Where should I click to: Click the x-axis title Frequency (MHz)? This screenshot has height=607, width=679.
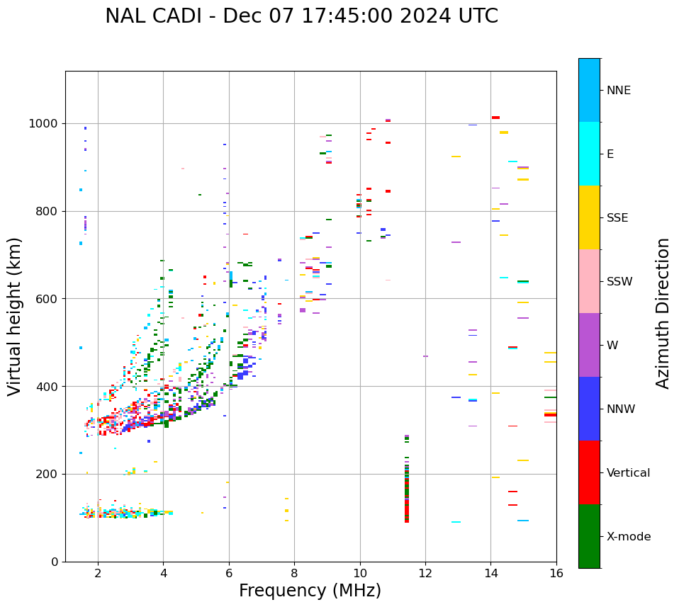[310, 591]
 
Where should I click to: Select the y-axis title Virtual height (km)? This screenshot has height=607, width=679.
[15, 316]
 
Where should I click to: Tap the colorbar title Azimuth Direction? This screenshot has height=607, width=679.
[663, 312]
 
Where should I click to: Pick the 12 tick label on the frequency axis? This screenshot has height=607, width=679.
[425, 573]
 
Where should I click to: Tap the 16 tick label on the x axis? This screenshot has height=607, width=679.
[556, 573]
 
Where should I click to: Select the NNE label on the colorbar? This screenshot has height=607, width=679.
[618, 91]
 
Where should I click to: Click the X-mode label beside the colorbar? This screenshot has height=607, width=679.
[628, 537]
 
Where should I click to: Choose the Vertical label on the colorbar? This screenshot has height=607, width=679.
[628, 473]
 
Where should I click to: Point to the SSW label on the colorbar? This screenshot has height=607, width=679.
[619, 282]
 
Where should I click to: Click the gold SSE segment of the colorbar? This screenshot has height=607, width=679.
[589, 217]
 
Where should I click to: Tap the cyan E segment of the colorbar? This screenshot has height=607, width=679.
[589, 154]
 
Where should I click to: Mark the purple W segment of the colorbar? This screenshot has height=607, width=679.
[589, 345]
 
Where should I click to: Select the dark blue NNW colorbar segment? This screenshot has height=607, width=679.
[589, 409]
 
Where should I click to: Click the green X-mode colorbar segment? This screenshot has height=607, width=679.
[589, 536]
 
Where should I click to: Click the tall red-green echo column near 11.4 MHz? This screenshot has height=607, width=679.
[407, 489]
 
